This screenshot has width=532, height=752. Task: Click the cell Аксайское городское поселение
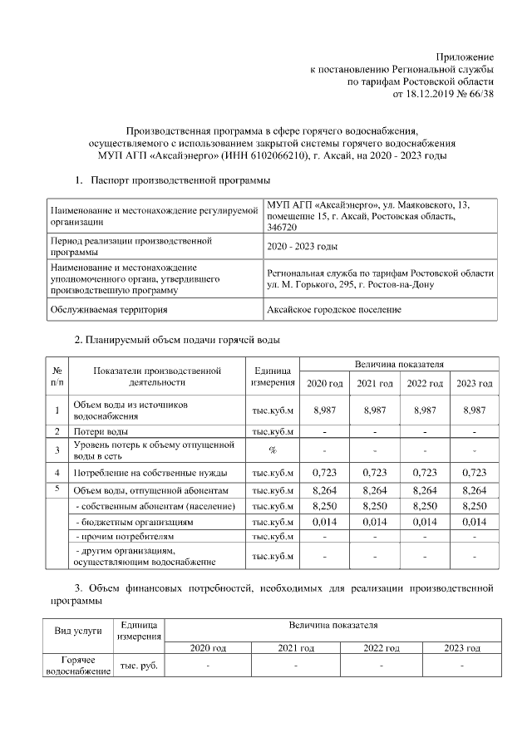pyautogui.click(x=333, y=310)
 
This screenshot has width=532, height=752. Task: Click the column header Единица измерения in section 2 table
pyautogui.click(x=273, y=376)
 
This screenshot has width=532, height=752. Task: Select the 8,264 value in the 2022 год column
pyautogui.click(x=424, y=490)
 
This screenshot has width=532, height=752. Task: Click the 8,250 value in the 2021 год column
pyautogui.click(x=374, y=506)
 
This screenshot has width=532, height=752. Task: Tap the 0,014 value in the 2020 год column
pyautogui.click(x=324, y=522)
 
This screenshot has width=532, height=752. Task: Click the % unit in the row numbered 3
pyautogui.click(x=273, y=450)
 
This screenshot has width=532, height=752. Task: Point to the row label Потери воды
pyautogui.click(x=101, y=431)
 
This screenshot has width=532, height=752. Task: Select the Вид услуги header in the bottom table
pyautogui.click(x=78, y=631)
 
